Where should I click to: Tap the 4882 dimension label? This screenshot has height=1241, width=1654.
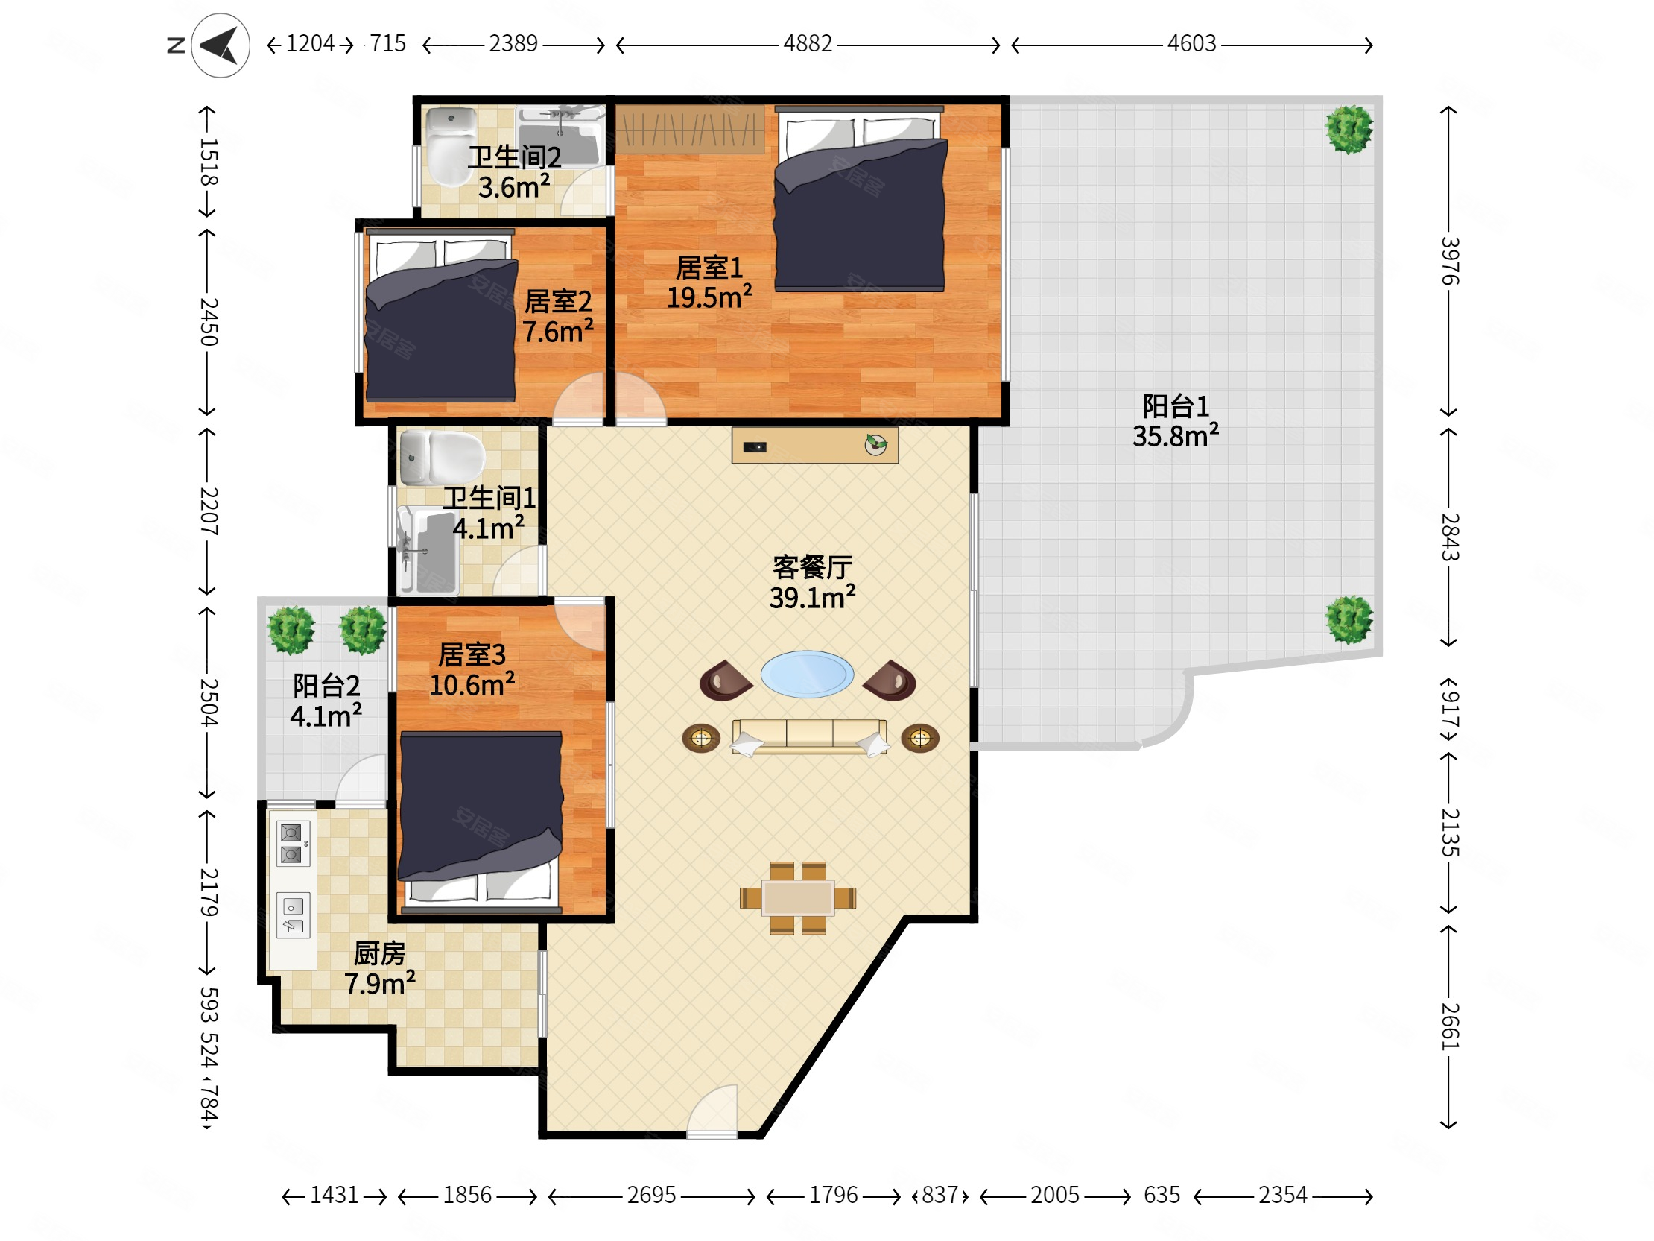pos(808,44)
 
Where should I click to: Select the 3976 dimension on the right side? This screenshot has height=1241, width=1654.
pos(1449,260)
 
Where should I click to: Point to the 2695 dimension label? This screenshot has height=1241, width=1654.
pos(651,1195)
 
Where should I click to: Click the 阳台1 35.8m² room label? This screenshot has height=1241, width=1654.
pos(1176,421)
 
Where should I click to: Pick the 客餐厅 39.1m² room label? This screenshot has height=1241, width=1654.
pos(812,583)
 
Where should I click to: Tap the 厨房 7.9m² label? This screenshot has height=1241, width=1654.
pos(380,968)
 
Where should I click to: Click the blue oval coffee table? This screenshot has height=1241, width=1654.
pos(807,674)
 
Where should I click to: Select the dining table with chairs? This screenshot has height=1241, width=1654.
pos(798,897)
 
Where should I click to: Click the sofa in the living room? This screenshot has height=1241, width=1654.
pos(810,737)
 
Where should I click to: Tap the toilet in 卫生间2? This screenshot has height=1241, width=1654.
pos(450,148)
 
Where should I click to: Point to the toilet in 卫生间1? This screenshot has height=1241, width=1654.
pos(442,457)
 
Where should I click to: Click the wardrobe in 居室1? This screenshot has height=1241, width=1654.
pos(689,130)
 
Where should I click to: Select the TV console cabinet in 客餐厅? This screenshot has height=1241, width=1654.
pos(815,445)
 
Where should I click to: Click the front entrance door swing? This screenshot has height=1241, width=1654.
pos(712,1111)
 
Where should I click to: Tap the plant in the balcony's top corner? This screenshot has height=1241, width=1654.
pos(1349,130)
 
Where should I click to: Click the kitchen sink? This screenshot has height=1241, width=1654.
pos(292,915)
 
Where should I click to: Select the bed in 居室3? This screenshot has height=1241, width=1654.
pos(480,822)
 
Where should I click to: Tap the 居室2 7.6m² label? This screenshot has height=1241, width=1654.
pos(558,317)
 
